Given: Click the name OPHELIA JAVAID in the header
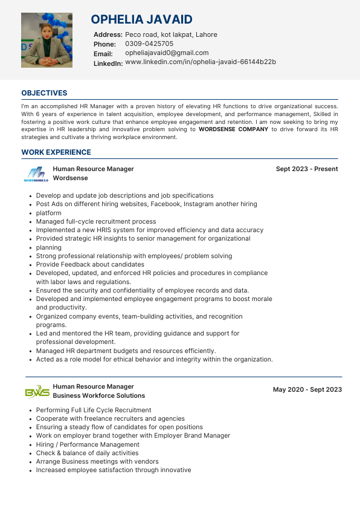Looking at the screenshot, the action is click(142, 20).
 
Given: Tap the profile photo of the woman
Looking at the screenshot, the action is click(47, 40).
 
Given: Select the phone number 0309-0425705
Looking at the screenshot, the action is click(149, 44).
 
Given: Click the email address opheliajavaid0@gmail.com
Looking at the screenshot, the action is click(167, 53).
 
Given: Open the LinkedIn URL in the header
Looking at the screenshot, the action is click(201, 62).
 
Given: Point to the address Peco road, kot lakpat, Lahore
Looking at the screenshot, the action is click(171, 34).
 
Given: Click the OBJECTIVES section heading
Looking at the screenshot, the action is click(44, 93).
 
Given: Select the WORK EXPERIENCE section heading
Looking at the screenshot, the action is click(56, 152).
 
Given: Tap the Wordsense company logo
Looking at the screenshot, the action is click(36, 174).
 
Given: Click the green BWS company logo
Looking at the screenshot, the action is click(37, 392).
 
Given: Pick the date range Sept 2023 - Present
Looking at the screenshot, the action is click(307, 169).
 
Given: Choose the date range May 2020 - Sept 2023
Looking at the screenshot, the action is click(307, 390).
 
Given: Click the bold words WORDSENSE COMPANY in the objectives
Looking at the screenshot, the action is click(233, 129).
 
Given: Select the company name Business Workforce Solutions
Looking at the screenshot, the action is click(99, 395).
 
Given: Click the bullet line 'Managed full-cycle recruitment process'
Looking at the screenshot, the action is click(96, 222).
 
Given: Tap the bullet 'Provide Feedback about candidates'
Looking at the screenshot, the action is click(90, 264).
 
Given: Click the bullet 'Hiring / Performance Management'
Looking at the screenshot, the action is click(88, 444).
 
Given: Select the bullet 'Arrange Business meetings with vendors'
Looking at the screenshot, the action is click(97, 461).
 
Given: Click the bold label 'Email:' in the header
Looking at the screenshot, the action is click(103, 54).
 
